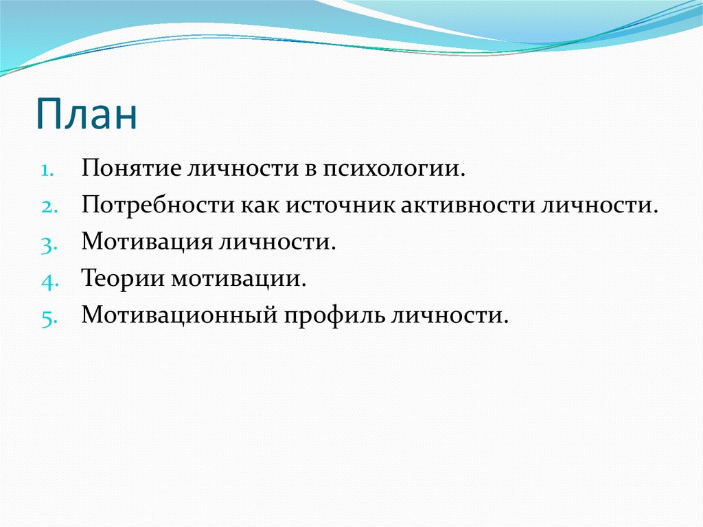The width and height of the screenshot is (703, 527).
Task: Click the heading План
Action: [87, 115]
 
